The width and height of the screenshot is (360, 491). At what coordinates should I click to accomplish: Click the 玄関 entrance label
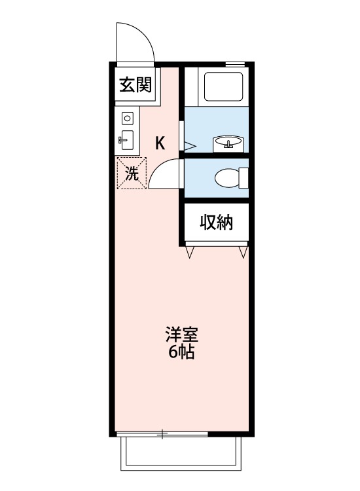pos(135,85)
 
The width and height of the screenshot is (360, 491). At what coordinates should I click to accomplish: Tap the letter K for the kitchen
pos(159,143)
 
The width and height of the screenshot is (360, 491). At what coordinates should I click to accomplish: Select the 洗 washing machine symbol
pos(132,173)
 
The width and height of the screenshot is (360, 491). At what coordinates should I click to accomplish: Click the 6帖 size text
pos(181,352)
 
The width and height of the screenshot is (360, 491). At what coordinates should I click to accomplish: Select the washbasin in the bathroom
pos(226,142)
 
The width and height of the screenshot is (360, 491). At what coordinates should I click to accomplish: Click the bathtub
pos(224,86)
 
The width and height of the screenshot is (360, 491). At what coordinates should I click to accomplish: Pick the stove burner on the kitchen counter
pos(128,118)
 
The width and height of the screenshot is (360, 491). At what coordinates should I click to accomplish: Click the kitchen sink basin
pos(127,139)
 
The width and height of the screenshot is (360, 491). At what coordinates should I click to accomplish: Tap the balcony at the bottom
pos(181,454)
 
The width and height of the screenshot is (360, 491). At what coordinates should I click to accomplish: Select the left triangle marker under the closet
pos(190,251)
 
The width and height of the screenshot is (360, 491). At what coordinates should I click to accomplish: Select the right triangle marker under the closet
pos(243,251)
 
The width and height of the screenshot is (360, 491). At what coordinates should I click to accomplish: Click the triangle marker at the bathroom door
pos(189,146)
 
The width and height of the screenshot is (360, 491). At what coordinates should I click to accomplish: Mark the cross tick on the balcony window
pos(162,433)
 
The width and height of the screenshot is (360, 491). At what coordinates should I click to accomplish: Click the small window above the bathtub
pos(232,64)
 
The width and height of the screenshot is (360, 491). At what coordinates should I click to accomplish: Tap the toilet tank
pos(245,177)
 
